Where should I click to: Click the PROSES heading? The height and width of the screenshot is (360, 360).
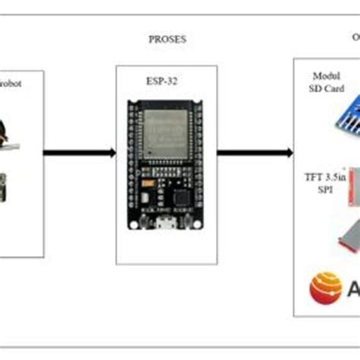(x=166, y=38)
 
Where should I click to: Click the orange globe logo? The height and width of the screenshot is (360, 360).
(x=325, y=289)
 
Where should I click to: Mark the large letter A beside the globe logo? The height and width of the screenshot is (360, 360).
(x=353, y=289)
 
